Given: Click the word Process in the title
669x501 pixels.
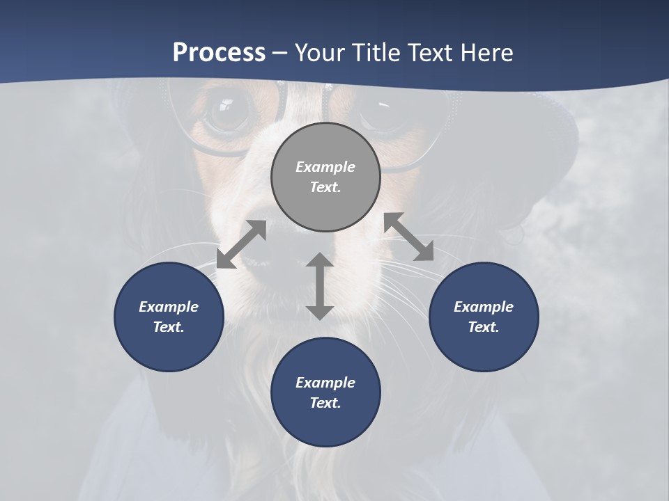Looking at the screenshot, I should click(x=219, y=53).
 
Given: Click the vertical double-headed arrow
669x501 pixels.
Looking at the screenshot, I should click(x=320, y=286).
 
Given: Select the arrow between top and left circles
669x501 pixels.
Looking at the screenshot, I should click(x=241, y=244).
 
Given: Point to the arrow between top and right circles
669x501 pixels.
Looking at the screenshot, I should click(x=408, y=237).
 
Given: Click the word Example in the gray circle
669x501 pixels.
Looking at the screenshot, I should click(x=325, y=167).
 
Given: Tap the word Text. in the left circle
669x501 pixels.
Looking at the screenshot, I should click(x=169, y=327).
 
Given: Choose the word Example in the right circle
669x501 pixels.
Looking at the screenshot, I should click(x=484, y=307).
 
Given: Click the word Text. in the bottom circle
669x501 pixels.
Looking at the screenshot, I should click(x=325, y=403).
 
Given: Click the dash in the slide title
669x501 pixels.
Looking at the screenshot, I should click(x=279, y=53).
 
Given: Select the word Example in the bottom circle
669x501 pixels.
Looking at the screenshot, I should click(x=325, y=383).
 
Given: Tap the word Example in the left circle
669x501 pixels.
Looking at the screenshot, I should click(x=169, y=307).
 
